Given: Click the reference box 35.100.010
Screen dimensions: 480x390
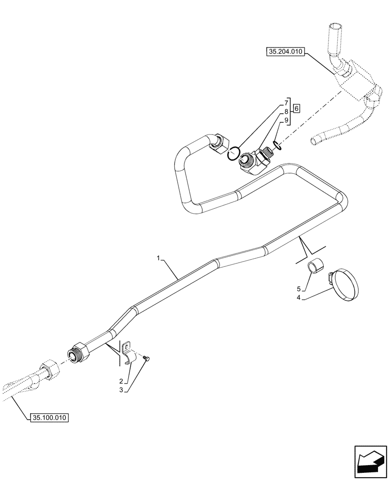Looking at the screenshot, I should [49, 418].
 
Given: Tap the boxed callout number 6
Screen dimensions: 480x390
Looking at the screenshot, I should [296, 108].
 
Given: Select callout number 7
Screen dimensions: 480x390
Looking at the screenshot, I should [286, 103].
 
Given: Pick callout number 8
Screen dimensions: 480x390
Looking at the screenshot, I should [286, 111].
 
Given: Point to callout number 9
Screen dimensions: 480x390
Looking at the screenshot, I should [286, 120].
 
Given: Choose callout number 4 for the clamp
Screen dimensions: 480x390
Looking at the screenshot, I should [299, 298].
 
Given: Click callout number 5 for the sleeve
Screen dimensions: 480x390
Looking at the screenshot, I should [299, 289].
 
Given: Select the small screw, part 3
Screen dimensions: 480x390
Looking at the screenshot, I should [146, 358].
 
